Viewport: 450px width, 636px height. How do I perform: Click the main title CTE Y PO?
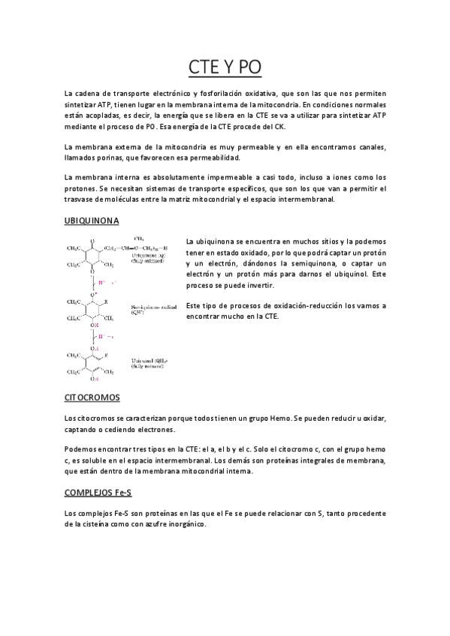(x=225, y=67)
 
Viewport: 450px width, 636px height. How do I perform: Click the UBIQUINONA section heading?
(x=92, y=221)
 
